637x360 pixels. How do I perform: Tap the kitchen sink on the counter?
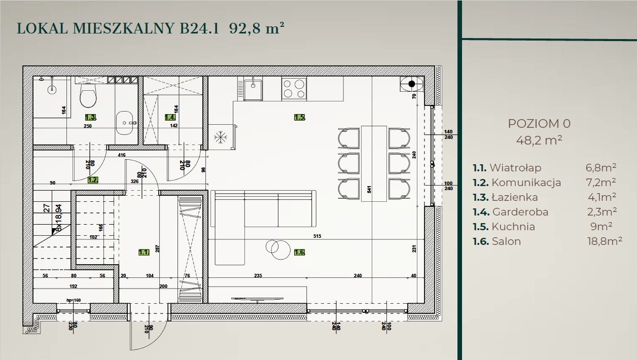tap(252, 90)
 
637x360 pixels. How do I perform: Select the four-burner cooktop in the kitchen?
tap(294, 88)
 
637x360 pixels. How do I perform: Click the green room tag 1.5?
tap(299, 118)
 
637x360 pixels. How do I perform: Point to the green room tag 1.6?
tap(299, 252)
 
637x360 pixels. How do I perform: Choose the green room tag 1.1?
tap(144, 251)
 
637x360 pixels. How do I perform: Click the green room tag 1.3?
tap(90, 117)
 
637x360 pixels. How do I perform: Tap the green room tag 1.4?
tap(170, 117)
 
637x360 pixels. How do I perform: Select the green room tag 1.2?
tap(92, 179)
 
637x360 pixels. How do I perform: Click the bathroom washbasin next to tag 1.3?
tap(126, 122)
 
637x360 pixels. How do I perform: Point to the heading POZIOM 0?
tap(539, 123)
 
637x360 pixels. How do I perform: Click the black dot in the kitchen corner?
tap(412, 84)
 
